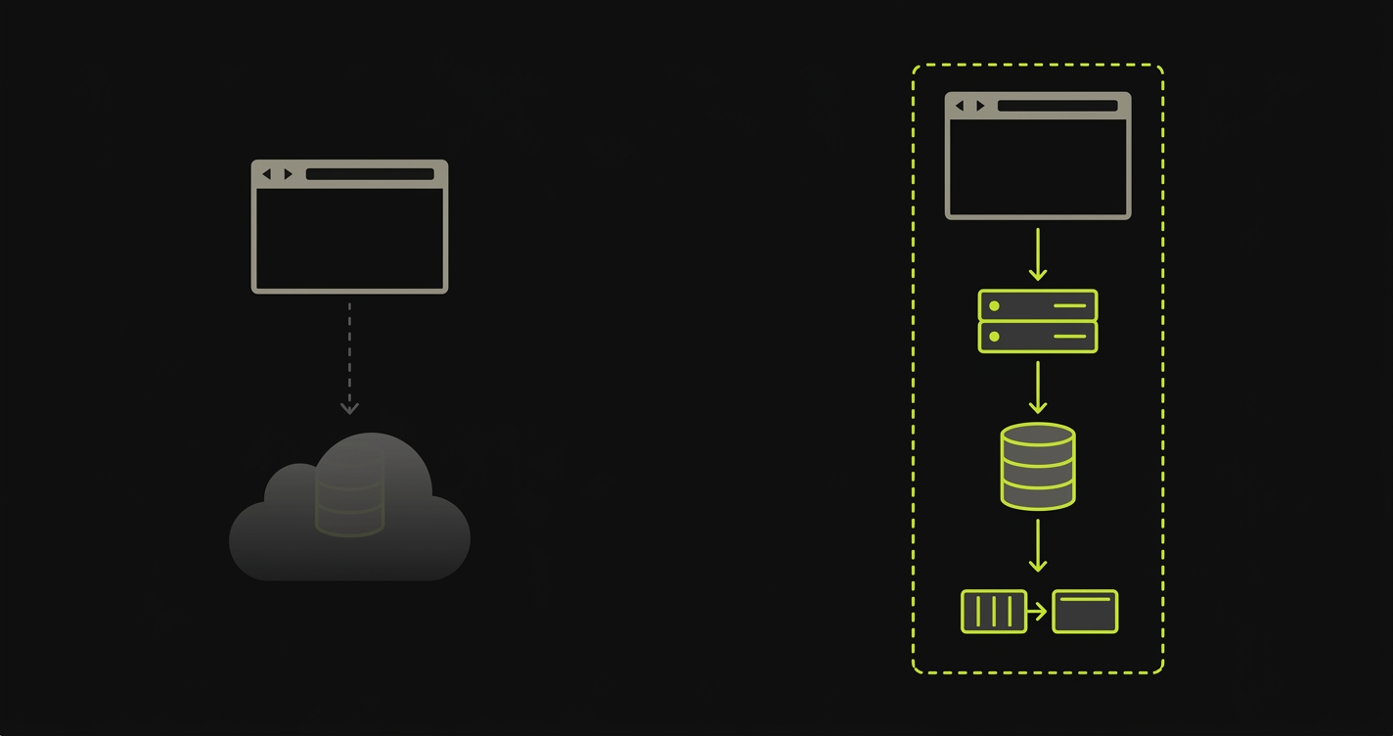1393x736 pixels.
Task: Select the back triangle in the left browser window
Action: tap(266, 174)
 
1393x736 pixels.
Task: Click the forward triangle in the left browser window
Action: tap(288, 174)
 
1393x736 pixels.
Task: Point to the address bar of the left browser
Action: tap(370, 174)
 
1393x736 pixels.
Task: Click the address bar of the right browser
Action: tap(1056, 106)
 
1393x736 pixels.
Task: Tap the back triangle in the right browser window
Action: tap(960, 106)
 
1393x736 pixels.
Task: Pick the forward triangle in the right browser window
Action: tap(980, 106)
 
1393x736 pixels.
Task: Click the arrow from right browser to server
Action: tap(1038, 254)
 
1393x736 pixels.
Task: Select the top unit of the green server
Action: tap(1038, 305)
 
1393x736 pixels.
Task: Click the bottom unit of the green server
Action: tap(1038, 337)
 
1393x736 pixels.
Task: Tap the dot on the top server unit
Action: tap(994, 305)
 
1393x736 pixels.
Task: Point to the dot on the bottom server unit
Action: tap(994, 337)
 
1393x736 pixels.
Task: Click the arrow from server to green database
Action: tap(1038, 388)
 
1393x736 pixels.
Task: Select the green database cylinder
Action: tap(1038, 466)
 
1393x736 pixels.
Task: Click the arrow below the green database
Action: tap(1038, 545)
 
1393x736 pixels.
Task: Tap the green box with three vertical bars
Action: tap(994, 612)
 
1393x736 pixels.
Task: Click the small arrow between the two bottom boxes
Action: tap(1038, 612)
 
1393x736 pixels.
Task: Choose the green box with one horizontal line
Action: tap(1085, 612)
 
